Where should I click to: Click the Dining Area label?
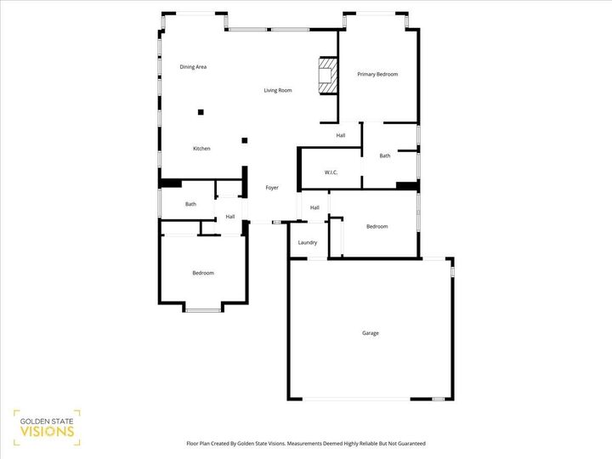point(193,66)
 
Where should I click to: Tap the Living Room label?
point(278,90)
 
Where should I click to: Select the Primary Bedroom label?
point(377,75)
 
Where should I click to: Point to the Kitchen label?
point(201,149)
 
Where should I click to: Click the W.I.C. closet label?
point(331,173)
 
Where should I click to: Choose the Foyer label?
point(272,188)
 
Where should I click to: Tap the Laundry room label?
point(308,242)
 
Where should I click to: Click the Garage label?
point(371,333)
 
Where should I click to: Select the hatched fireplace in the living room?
point(326,76)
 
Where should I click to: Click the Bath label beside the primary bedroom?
point(385,156)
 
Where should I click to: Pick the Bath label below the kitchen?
point(191,204)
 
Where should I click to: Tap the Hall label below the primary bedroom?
point(341,136)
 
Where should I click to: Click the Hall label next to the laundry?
point(314,207)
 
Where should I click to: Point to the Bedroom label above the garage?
point(377,226)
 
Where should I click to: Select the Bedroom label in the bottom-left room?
point(203,273)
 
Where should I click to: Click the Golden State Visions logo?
point(47,427)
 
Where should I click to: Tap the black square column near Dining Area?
point(201,110)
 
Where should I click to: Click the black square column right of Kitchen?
point(245,140)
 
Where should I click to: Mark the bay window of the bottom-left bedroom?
point(203,309)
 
